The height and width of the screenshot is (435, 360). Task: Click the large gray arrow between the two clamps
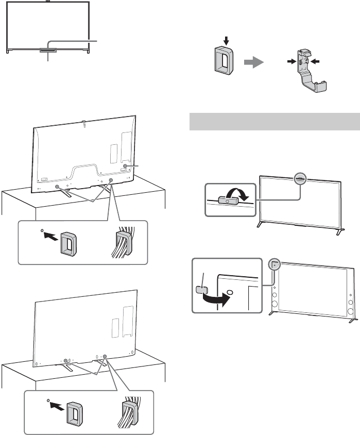click(x=253, y=62)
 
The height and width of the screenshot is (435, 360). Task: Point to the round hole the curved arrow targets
click(x=229, y=291)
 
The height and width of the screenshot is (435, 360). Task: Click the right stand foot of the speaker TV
click(x=353, y=320)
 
